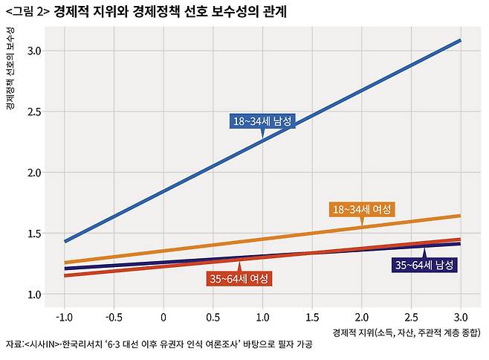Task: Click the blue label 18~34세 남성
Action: pyautogui.click(x=262, y=120)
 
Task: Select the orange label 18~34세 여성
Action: pyautogui.click(x=362, y=209)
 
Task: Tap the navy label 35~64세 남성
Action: pyautogui.click(x=424, y=265)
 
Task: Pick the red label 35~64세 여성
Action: pyautogui.click(x=239, y=279)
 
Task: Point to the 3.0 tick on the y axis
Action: pyautogui.click(x=35, y=51)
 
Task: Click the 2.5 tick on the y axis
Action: pyautogui.click(x=35, y=112)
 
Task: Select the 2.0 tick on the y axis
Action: pyautogui.click(x=35, y=173)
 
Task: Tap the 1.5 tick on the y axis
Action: pyautogui.click(x=35, y=234)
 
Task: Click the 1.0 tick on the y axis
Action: pyautogui.click(x=35, y=295)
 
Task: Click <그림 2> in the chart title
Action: pyautogui.click(x=27, y=12)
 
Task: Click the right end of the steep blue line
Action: pyautogui.click(x=460, y=40)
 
